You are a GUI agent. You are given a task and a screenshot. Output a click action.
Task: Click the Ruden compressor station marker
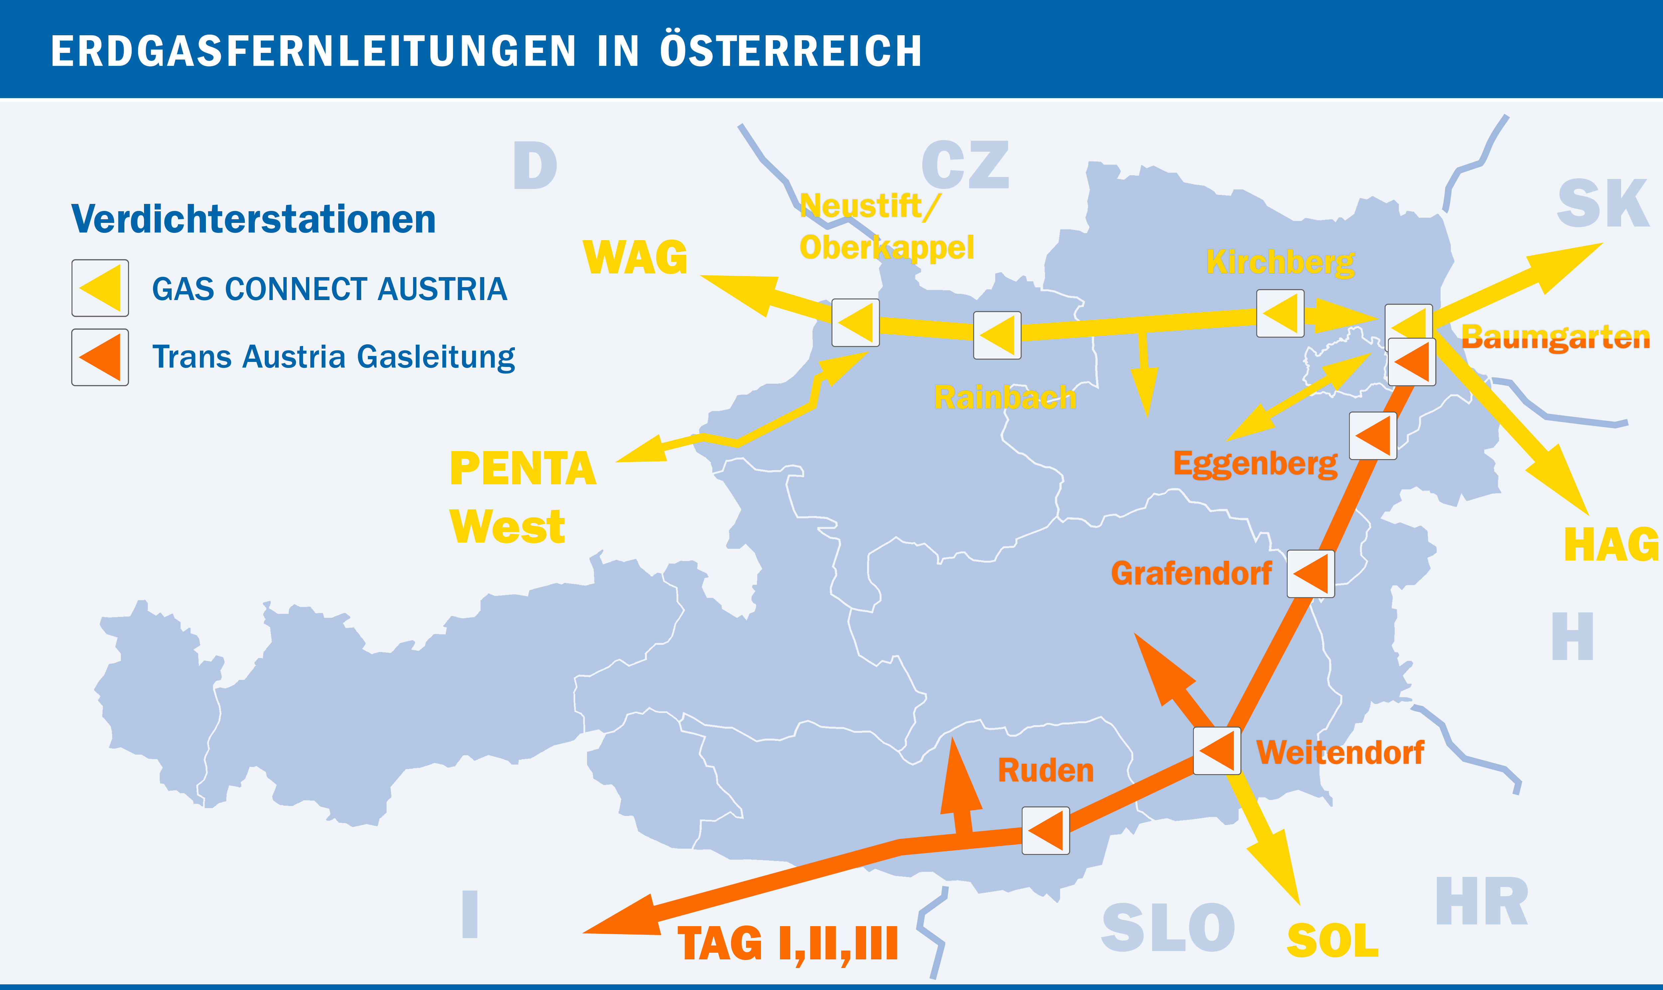click(x=1046, y=831)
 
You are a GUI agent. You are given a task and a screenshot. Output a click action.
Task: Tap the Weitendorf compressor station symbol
click(x=1217, y=751)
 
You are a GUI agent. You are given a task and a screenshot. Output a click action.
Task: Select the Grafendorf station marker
click(x=1310, y=574)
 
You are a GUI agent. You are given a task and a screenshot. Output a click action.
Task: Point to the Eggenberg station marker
click(x=1373, y=436)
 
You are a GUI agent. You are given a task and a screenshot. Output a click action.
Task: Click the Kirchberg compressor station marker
click(x=1280, y=313)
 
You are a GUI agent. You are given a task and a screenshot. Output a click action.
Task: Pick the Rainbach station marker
click(x=997, y=335)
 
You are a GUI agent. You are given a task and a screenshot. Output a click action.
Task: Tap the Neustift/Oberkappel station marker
click(x=855, y=322)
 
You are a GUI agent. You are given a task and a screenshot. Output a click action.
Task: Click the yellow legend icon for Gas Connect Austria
click(x=100, y=288)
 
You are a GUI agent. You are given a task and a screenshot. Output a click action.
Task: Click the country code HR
click(x=1482, y=902)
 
